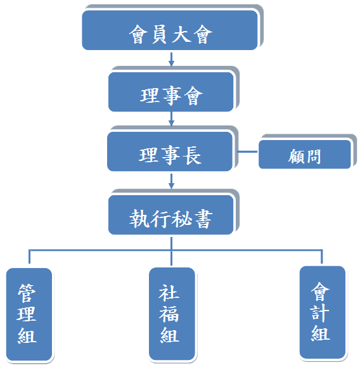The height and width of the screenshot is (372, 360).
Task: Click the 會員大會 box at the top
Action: click(170, 30)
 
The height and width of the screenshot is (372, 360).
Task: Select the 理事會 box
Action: click(171, 92)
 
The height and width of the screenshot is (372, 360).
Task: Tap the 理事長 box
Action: click(170, 151)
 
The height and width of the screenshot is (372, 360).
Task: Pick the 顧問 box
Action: click(305, 155)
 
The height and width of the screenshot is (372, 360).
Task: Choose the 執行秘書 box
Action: click(171, 215)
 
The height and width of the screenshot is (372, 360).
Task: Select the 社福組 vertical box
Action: click(172, 314)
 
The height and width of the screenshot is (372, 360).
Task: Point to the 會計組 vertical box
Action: click(323, 312)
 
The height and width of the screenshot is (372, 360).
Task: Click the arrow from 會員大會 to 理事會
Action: click(171, 60)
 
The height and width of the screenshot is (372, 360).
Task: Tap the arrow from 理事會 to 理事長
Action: click(171, 119)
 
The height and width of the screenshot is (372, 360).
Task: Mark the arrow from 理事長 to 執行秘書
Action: click(171, 181)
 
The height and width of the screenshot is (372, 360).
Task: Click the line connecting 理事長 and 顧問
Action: click(247, 151)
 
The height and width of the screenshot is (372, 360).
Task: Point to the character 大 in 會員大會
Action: click(181, 34)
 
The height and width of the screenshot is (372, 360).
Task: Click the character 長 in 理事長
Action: click(193, 156)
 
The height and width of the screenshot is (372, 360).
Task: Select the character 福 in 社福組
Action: click(169, 314)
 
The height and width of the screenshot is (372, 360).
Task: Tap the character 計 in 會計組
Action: click(320, 313)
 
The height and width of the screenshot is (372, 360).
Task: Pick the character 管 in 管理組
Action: click(27, 293)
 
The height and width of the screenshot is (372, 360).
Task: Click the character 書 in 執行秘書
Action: click(203, 219)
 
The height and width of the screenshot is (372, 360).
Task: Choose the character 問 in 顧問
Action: click(313, 157)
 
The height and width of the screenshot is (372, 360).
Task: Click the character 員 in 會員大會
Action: click(159, 34)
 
